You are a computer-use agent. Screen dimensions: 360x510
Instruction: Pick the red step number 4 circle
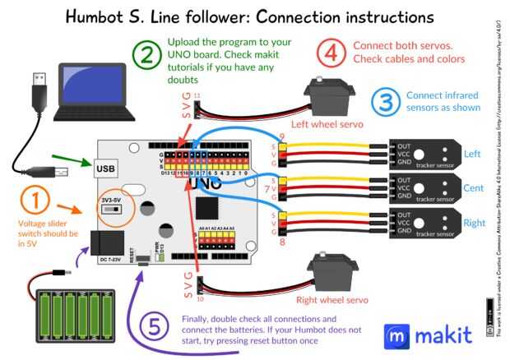click(330, 55)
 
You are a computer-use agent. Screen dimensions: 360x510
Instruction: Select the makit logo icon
click(398, 335)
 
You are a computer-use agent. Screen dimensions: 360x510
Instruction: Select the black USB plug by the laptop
click(38, 84)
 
